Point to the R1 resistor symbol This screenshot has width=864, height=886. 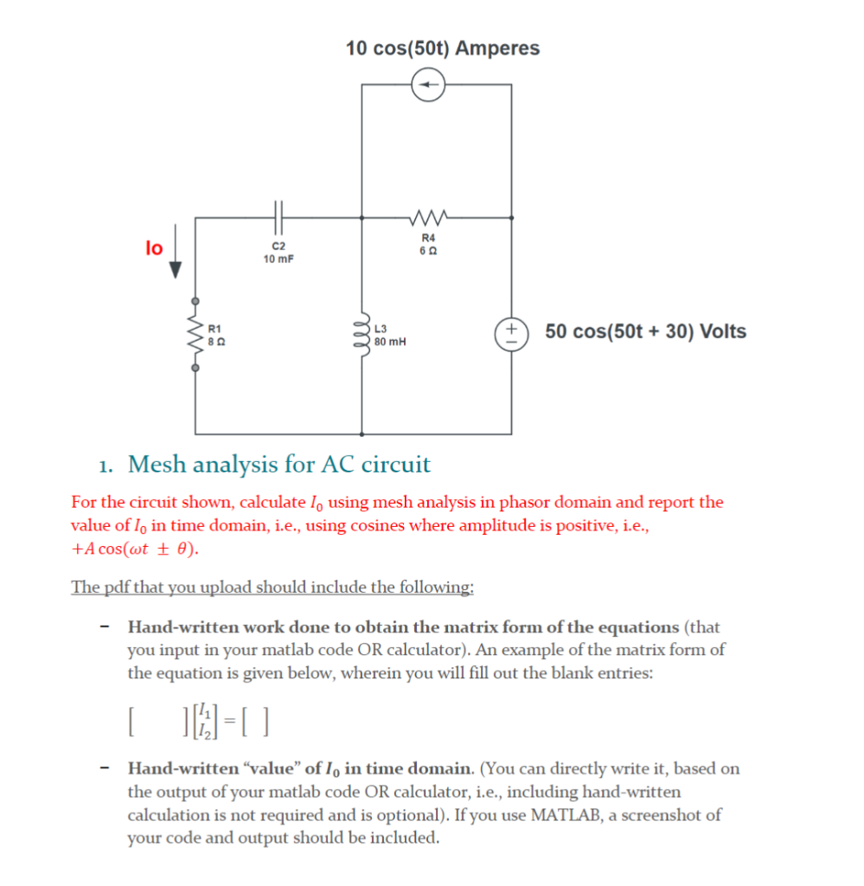pos(195,336)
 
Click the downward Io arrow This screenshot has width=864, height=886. pos(176,250)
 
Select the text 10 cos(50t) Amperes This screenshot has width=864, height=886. pos(442,48)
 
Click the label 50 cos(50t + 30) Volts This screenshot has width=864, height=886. pos(645,332)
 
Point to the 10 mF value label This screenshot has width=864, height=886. pos(278,259)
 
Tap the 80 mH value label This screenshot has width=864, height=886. pos(390,342)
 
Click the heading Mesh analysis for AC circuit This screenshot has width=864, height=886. pos(278,465)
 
